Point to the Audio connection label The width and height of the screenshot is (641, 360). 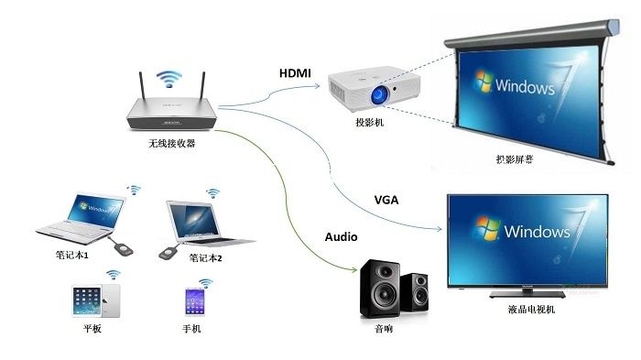click(342, 236)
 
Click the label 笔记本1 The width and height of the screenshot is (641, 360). click(72, 254)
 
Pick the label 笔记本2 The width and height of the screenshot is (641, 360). click(206, 258)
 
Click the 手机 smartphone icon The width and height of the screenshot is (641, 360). click(194, 300)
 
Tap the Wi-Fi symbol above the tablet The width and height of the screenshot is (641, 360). click(114, 274)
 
